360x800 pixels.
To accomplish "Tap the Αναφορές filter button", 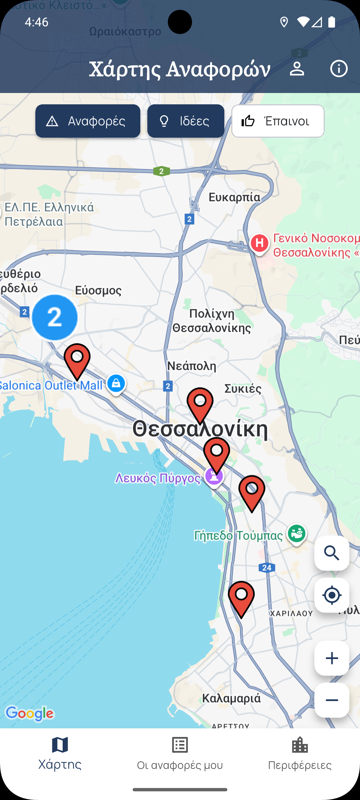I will (x=88, y=121).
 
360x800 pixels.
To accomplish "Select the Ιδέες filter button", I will (x=186, y=121).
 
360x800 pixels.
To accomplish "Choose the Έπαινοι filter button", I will (x=278, y=121).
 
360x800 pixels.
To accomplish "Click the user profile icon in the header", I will (x=297, y=69).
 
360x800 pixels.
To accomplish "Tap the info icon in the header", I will (x=339, y=69).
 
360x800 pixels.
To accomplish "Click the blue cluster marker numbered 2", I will (x=55, y=317).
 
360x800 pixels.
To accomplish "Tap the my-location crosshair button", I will (x=332, y=595).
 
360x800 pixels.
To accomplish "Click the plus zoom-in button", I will (x=332, y=658).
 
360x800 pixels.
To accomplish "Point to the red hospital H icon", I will (x=260, y=243).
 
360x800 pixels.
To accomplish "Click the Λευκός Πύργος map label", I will (x=158, y=478).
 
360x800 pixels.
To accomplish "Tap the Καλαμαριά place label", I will (x=231, y=698).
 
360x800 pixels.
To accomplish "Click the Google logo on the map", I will (x=30, y=713).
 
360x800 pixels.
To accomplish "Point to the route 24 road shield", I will (x=267, y=568).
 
